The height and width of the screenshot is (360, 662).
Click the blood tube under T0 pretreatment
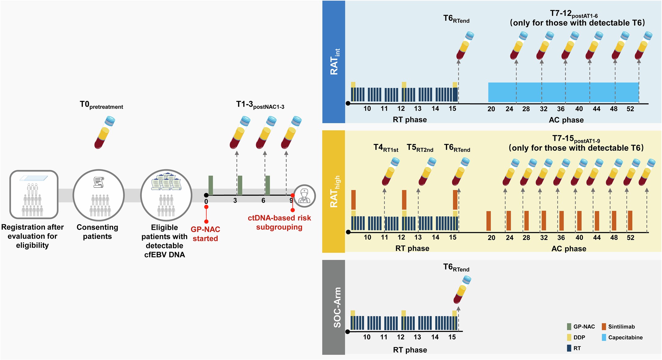click(x=105, y=132)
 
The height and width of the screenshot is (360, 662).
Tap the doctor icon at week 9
click(x=304, y=196)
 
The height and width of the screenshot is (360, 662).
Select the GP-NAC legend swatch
click(x=569, y=326)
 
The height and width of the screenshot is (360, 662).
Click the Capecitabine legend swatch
click(x=604, y=337)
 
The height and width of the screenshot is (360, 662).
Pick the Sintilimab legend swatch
click(x=604, y=326)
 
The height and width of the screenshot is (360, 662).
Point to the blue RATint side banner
click(x=333, y=62)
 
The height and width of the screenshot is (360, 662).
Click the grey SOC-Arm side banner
click(x=333, y=307)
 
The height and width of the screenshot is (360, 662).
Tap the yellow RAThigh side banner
click(x=333, y=192)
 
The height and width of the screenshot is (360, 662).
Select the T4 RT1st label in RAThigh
click(x=386, y=148)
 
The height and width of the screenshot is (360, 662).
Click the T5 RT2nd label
click(x=420, y=148)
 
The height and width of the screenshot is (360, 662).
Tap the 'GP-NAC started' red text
click(x=205, y=234)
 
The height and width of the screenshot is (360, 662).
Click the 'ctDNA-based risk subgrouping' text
click(x=279, y=222)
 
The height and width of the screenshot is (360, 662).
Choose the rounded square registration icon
click(x=34, y=194)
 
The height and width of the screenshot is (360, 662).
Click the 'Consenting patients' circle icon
click(x=98, y=195)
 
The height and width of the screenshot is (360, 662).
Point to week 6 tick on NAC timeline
click(x=263, y=200)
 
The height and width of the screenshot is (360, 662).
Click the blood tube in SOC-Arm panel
click(x=462, y=289)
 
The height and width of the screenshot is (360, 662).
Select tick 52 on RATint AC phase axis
click(x=630, y=109)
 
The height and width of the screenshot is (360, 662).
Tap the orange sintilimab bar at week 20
click(x=488, y=221)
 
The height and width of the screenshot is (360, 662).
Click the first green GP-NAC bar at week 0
click(x=211, y=185)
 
